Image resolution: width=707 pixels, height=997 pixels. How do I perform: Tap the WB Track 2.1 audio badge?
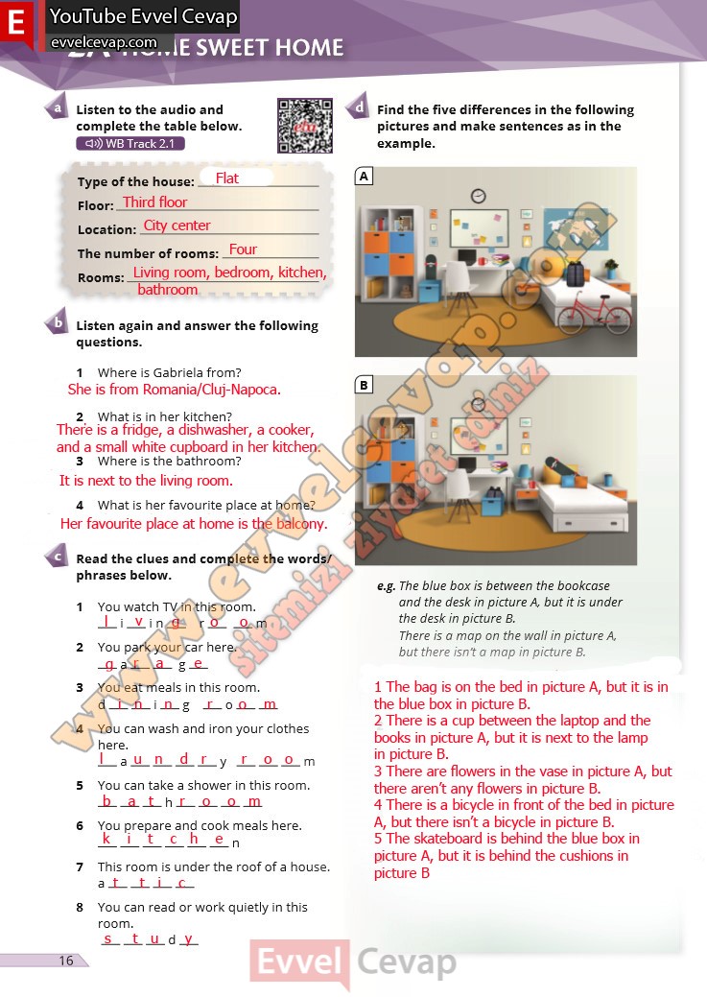pos(130,144)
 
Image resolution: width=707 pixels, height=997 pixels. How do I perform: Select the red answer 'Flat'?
pos(227,178)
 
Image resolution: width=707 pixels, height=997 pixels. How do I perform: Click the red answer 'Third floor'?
pos(154,202)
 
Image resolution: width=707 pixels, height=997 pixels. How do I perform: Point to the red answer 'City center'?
pos(177,226)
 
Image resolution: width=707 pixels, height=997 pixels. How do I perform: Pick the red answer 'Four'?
pos(243,249)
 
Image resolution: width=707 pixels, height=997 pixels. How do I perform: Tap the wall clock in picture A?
pos(478,196)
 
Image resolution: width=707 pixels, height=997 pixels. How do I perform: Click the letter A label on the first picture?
pos(364,177)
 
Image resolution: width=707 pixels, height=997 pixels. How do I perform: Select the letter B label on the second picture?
pos(364,385)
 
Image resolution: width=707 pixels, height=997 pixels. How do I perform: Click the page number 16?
pos(65,961)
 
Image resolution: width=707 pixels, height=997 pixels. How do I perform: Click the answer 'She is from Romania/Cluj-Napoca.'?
pos(175,390)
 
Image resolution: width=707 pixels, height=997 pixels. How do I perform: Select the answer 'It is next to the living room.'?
pos(146,481)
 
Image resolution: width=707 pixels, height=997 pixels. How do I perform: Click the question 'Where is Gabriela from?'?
pos(169,372)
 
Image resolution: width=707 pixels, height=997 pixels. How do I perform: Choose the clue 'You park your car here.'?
pos(167,647)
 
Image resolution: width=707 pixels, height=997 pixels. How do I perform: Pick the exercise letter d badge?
pos(359,107)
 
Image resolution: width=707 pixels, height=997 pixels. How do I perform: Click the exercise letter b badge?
pos(58,323)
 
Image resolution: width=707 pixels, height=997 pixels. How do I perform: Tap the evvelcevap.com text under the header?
pos(103,42)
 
